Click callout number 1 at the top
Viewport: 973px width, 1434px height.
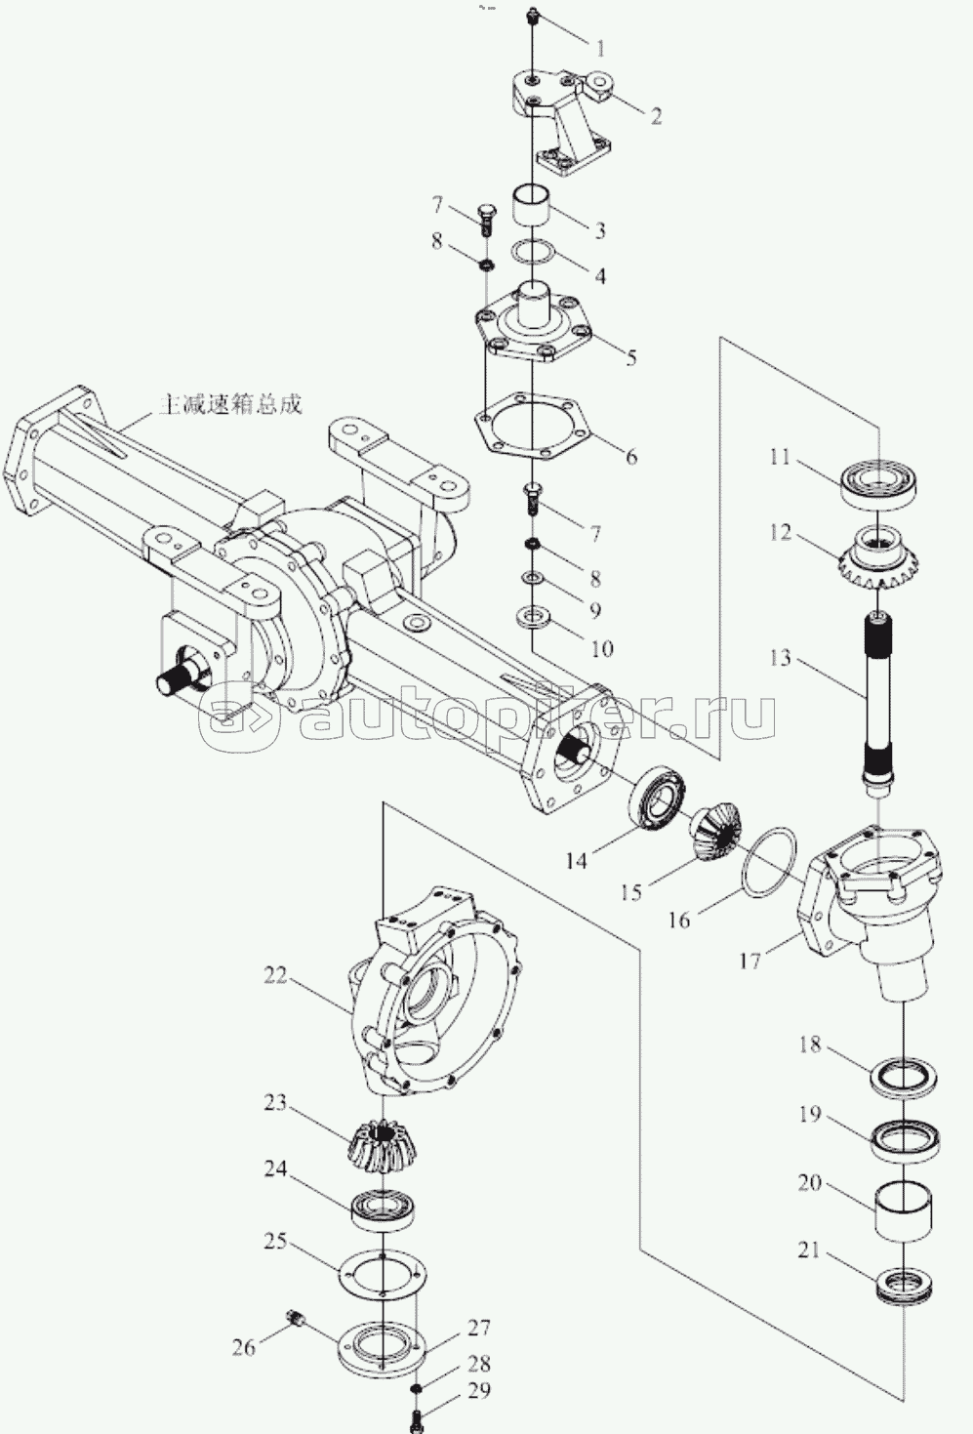600,48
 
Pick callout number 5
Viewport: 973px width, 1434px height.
631,356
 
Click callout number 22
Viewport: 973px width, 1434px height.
276,992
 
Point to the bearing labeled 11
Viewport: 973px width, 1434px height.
878,486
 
